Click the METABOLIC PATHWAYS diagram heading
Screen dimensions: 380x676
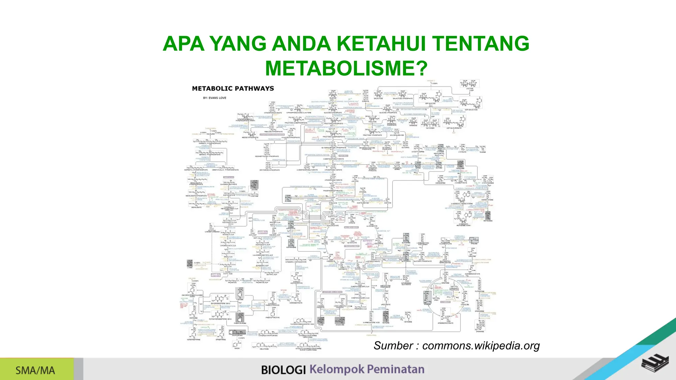pyautogui.click(x=233, y=88)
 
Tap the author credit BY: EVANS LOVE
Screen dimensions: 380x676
pyautogui.click(x=215, y=98)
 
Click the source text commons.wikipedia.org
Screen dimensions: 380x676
pyautogui.click(x=481, y=345)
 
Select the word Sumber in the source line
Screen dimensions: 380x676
pyautogui.click(x=393, y=345)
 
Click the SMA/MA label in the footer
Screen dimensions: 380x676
pyautogui.click(x=35, y=370)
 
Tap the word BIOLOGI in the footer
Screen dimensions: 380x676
pyautogui.click(x=284, y=370)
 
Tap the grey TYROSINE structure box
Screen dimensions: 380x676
pyautogui.click(x=240, y=294)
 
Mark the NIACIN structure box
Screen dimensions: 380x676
pyautogui.click(x=237, y=345)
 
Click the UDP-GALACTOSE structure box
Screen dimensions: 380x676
pyautogui.click(x=471, y=104)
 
